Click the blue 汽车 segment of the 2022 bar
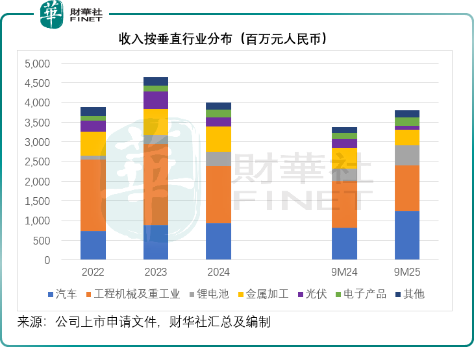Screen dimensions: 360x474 93,245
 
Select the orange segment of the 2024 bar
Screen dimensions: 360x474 218,194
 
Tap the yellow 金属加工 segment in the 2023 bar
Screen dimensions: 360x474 156,121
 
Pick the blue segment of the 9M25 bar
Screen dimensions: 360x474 406,235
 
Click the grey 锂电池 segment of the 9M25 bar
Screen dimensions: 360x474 406,155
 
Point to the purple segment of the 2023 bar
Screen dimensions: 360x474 156,100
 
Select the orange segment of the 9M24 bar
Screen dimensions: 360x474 344,198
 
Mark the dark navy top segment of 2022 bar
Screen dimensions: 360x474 93,112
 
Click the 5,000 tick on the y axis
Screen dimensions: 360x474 36,64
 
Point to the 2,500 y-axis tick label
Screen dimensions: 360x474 36,162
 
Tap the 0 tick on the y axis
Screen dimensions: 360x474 47,260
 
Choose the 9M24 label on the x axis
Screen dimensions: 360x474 344,272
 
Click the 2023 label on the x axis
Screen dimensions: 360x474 156,272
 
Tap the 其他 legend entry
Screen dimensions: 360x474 409,294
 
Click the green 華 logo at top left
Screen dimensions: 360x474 52,14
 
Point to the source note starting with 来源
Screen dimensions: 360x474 143,322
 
